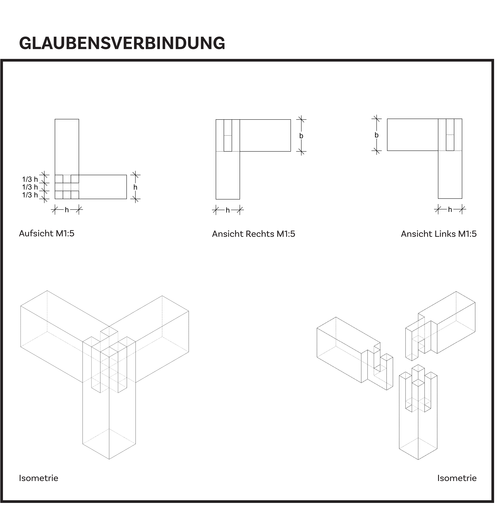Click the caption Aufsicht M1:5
point(47,233)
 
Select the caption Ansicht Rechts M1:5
point(253,234)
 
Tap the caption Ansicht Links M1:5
point(439,234)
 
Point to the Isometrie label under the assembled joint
point(38,478)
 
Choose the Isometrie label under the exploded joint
point(457,478)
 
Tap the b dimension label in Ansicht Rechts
point(301,136)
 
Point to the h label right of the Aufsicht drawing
point(135,187)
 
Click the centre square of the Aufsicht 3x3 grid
point(67,187)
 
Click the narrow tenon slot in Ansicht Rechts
point(228,135)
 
